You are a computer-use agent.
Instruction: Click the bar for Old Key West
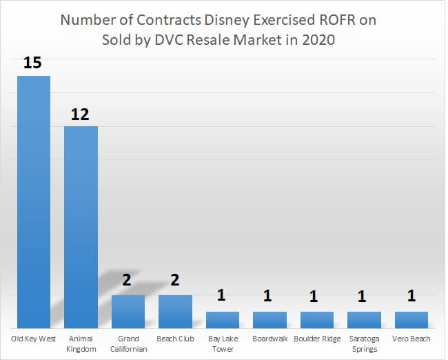click(x=33, y=201)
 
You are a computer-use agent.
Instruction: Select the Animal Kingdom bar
click(x=81, y=227)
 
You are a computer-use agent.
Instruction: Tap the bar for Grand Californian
click(x=128, y=311)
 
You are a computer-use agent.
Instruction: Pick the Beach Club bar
click(x=175, y=311)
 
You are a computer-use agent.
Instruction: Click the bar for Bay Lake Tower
click(x=223, y=319)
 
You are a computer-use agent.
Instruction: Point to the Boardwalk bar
click(x=269, y=319)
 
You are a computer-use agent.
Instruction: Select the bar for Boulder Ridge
click(x=316, y=319)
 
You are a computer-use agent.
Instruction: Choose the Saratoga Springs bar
click(x=364, y=319)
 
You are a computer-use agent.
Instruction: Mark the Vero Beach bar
click(x=411, y=319)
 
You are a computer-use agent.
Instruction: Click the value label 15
click(x=33, y=63)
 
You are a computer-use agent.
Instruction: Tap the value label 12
click(x=81, y=114)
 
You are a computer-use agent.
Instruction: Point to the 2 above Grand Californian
click(x=128, y=283)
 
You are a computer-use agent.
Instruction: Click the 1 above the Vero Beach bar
click(x=411, y=297)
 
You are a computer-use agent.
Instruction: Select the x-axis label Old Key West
click(x=33, y=339)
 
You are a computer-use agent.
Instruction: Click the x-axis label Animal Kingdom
click(x=81, y=343)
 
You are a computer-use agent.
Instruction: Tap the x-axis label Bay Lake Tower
click(x=223, y=343)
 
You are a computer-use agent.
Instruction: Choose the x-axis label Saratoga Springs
click(x=364, y=343)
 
